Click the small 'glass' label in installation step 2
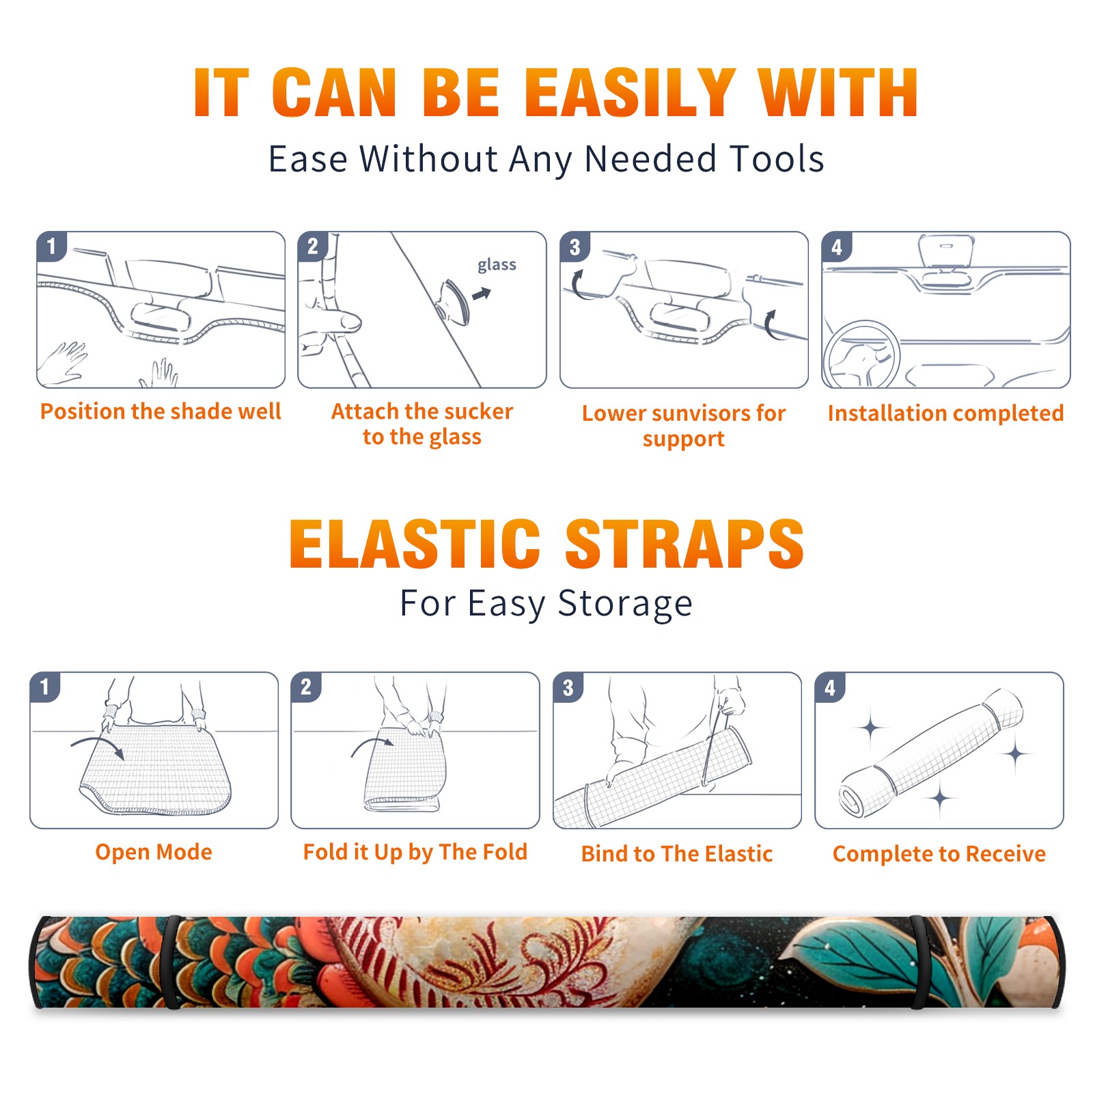coord(497,265)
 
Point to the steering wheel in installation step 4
coord(861,355)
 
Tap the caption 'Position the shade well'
coord(161,411)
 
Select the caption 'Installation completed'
coord(945,413)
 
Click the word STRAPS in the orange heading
coord(684,544)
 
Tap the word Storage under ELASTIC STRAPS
coord(625,605)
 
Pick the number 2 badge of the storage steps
coord(306,687)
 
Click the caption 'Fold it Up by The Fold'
coord(415,852)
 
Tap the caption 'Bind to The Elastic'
coord(677,854)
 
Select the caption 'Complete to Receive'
coord(939,854)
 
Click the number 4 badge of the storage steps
coord(830,687)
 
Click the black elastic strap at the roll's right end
coord(919,962)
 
